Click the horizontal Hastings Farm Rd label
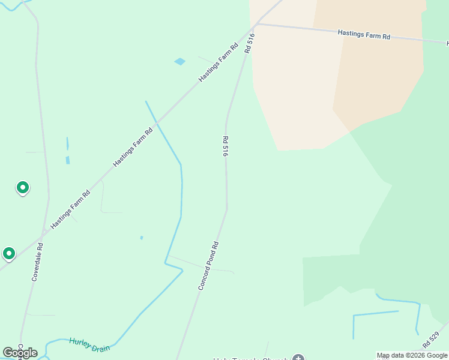[x=364, y=35]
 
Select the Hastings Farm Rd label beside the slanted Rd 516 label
[x=219, y=62]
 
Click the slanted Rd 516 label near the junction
[x=250, y=43]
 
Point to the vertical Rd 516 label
[x=225, y=146]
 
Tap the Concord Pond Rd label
[x=208, y=266]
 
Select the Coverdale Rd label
[x=37, y=262]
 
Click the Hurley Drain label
[x=89, y=344]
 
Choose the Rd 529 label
[x=431, y=340]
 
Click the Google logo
[x=20, y=353]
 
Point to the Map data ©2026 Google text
[x=412, y=355]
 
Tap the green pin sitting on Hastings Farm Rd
[x=8, y=254]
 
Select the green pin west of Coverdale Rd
[x=23, y=188]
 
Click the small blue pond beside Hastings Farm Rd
[x=179, y=61]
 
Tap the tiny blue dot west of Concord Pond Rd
[x=142, y=238]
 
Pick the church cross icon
[x=298, y=359]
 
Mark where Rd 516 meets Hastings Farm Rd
[x=257, y=25]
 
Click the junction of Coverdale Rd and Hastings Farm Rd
[x=43, y=231]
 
